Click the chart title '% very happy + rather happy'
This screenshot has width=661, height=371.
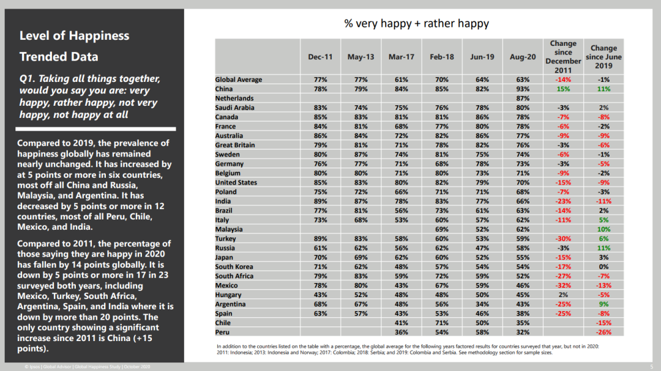(x=417, y=24)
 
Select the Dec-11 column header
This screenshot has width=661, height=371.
(x=320, y=57)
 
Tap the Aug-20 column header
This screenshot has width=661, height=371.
(x=523, y=57)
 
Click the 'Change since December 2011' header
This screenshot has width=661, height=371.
(x=563, y=57)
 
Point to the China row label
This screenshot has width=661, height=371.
(x=224, y=89)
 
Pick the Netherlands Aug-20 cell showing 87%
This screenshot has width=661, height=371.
(x=523, y=98)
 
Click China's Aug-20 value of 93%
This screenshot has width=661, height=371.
(x=523, y=89)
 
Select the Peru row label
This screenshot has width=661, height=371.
(x=222, y=332)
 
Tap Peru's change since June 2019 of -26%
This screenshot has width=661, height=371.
(x=603, y=332)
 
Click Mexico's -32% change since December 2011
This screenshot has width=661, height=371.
(x=563, y=285)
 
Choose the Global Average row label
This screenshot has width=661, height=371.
(x=239, y=79)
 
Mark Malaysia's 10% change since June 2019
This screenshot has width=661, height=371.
(x=603, y=229)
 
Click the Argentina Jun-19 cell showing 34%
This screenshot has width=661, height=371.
(x=482, y=304)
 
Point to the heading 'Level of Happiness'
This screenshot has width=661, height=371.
(x=74, y=36)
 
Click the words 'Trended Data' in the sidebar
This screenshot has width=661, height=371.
(x=59, y=56)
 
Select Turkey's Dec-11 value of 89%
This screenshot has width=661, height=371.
(x=320, y=239)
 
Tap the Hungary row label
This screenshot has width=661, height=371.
(x=228, y=295)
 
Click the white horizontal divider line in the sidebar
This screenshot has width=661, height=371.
(x=95, y=129)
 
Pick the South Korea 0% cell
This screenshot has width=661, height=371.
(x=603, y=266)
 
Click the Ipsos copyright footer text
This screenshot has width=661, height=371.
(x=88, y=367)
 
